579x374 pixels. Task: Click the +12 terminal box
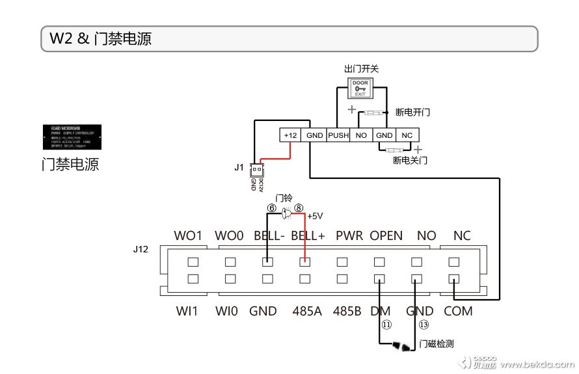[x=291, y=135]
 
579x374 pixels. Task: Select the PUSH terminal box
[x=338, y=135]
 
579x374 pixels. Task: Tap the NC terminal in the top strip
[x=407, y=135]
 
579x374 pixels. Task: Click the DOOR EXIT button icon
[x=360, y=88]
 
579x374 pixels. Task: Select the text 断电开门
[x=413, y=112]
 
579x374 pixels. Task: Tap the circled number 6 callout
[x=272, y=208]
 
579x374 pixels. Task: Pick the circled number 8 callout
[x=299, y=208]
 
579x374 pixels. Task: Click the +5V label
[x=316, y=216]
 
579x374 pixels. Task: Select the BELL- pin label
[x=269, y=235]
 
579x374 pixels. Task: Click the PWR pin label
[x=349, y=235]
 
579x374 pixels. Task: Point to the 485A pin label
[x=307, y=311]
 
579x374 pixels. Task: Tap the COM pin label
[x=458, y=311]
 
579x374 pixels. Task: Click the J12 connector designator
[x=141, y=248]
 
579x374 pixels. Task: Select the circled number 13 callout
[x=424, y=323]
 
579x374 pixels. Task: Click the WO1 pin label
[x=189, y=235]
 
